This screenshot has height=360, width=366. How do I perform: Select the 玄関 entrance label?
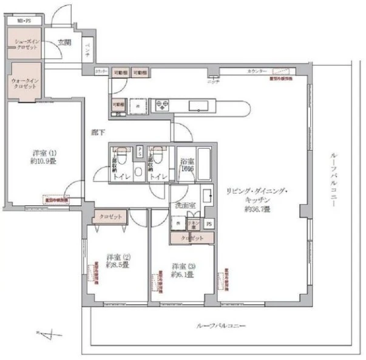pos(64,42)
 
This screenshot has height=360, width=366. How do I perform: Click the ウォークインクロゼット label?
pos(24,83)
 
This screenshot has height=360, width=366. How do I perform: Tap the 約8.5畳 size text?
pos(117,265)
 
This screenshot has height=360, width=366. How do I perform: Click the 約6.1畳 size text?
pos(182,274)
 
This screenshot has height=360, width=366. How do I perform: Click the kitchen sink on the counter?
pos(198,105)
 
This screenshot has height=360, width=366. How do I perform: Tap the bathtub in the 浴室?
pos(203,163)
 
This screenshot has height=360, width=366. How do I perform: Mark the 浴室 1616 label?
pos(186,165)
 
